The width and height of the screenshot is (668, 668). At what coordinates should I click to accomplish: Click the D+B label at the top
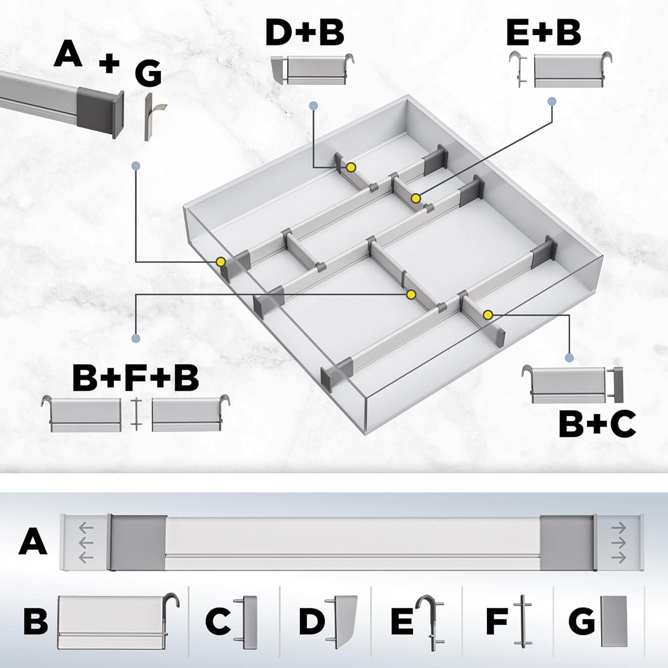(305, 33)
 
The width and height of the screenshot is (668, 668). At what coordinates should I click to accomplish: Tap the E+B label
(543, 33)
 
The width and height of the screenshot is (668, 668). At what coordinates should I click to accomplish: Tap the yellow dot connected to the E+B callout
(416, 198)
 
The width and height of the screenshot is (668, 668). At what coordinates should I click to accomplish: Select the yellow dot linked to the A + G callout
(221, 262)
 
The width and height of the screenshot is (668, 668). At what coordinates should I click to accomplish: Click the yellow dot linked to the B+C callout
(487, 315)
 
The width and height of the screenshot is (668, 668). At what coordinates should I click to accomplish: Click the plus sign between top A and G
(109, 63)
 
